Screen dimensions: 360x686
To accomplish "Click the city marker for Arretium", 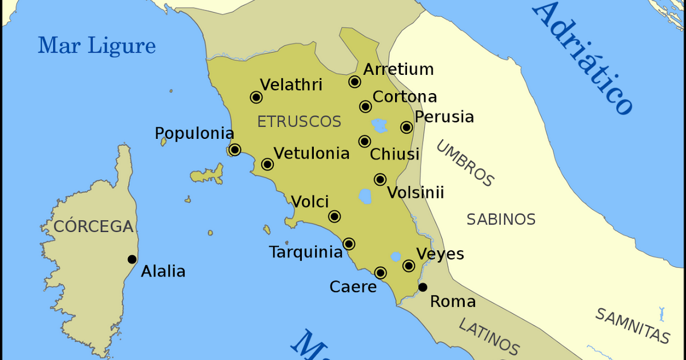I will pyautogui.click(x=354, y=82).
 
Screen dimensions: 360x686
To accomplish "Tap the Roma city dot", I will pyautogui.click(x=422, y=287).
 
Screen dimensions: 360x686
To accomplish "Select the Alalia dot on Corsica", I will pyautogui.click(x=132, y=259).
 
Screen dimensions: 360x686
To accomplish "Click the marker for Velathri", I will pyautogui.click(x=256, y=97).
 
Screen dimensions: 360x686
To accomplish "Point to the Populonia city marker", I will pyautogui.click(x=234, y=150).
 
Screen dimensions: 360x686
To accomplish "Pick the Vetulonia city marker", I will pyautogui.click(x=267, y=165).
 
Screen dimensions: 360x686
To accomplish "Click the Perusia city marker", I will pyautogui.click(x=406, y=127).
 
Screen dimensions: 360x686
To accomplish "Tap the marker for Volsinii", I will pyautogui.click(x=380, y=179).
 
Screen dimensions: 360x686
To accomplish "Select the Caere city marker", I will pyautogui.click(x=380, y=273).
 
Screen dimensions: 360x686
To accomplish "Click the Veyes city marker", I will pyautogui.click(x=409, y=265).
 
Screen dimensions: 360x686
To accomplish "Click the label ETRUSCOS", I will pyautogui.click(x=299, y=122).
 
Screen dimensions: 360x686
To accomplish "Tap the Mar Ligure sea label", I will pyautogui.click(x=97, y=46).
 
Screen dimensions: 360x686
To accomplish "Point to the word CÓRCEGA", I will pyautogui.click(x=93, y=227).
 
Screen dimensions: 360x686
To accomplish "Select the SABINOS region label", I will pyautogui.click(x=501, y=219).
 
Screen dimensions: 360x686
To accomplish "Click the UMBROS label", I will pyautogui.click(x=465, y=163).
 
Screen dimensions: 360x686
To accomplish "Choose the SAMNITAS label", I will pyautogui.click(x=632, y=325).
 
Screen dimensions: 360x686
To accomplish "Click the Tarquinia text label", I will pyautogui.click(x=305, y=252).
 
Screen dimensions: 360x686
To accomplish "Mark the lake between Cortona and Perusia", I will pyautogui.click(x=379, y=124).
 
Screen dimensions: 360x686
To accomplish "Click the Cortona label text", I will pyautogui.click(x=405, y=97).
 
